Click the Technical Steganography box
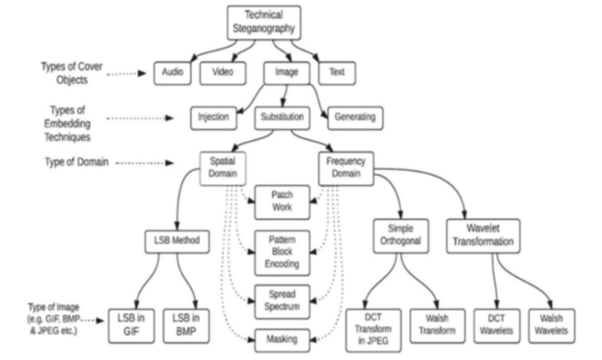click(263, 22)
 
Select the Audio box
click(173, 73)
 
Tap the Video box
click(223, 73)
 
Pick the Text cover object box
click(337, 73)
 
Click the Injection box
click(213, 118)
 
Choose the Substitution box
click(282, 118)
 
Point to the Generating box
click(355, 118)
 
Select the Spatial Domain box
click(223, 169)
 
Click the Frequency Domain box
click(346, 169)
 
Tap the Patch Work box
click(282, 203)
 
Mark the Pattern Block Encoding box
click(282, 253)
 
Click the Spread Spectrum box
click(282, 301)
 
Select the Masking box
click(282, 341)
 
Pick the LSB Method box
click(177, 241)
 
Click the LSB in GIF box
click(131, 326)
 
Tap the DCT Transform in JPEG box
click(373, 330)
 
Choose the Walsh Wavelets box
click(551, 326)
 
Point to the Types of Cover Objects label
click(71, 73)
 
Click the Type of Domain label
click(76, 162)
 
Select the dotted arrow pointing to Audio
click(126, 73)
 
